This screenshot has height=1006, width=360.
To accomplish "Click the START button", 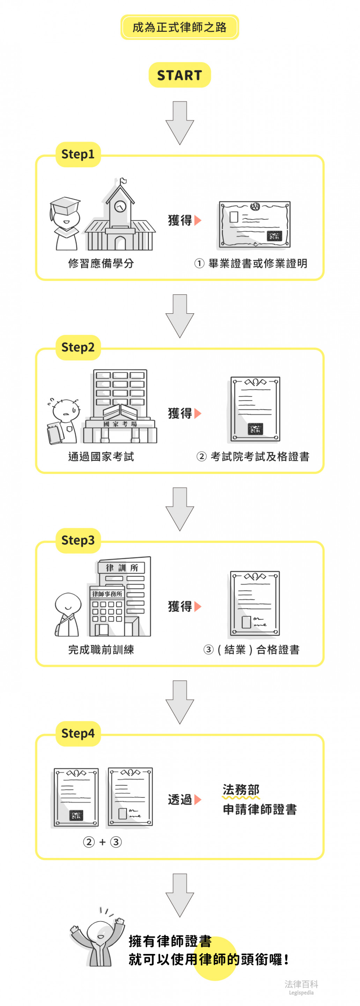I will tap(179, 75).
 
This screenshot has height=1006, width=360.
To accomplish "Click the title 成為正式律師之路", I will tap(179, 27).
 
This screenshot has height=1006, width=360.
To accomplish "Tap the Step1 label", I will tap(78, 154).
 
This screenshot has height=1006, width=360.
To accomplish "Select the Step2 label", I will tap(78, 347).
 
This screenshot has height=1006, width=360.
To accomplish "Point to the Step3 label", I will tap(78, 540).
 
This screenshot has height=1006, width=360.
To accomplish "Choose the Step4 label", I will tap(78, 733).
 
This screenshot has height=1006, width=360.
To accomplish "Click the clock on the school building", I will tap(120, 205).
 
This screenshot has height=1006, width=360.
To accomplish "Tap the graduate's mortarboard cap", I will tap(65, 205).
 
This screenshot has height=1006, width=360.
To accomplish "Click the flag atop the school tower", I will tap(123, 181).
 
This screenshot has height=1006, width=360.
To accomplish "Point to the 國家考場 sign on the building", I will tap(120, 424).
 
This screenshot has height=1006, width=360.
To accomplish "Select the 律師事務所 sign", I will tap(107, 594).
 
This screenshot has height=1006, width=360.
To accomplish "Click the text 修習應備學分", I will tap(101, 263).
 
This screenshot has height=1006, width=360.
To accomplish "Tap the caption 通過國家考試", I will tap(101, 456).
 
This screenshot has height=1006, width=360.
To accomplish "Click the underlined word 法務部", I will tap(241, 790).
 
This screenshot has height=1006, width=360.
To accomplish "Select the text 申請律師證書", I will tap(260, 809).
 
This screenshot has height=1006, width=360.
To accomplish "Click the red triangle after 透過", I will tap(198, 800).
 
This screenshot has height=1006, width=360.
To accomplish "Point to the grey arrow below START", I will tap(179, 123).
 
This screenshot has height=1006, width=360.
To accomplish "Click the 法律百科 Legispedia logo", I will tap(301, 987).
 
